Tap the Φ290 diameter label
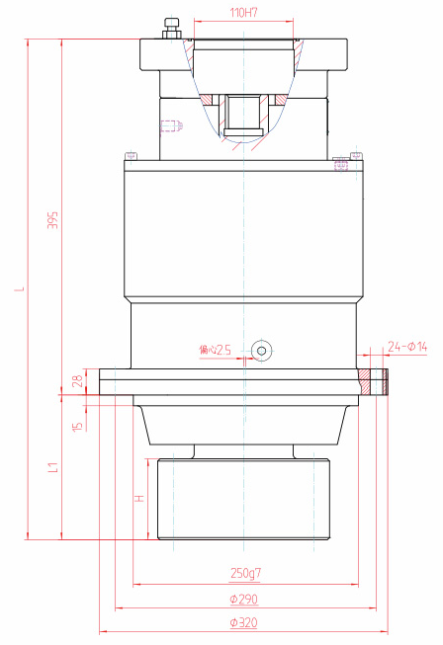244,600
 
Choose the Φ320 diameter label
244,622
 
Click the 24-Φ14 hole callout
406,346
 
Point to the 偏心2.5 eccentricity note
215,350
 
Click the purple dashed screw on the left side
171,125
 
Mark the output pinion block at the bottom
243,499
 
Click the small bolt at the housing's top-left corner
129,155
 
